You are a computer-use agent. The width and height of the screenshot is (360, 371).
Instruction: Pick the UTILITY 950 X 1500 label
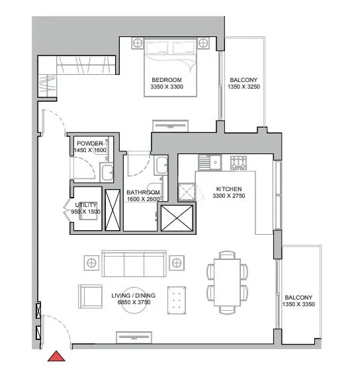(x=86, y=208)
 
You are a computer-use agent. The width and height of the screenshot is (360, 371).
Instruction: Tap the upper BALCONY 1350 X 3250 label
(x=242, y=83)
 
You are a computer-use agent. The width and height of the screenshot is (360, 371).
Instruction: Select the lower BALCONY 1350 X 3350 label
(x=298, y=301)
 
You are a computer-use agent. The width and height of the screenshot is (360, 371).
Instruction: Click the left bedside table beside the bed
(x=138, y=43)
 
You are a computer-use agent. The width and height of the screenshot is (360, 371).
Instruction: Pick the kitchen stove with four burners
(x=238, y=161)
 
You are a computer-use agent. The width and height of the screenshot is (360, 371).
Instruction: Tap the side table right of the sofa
(x=177, y=263)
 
